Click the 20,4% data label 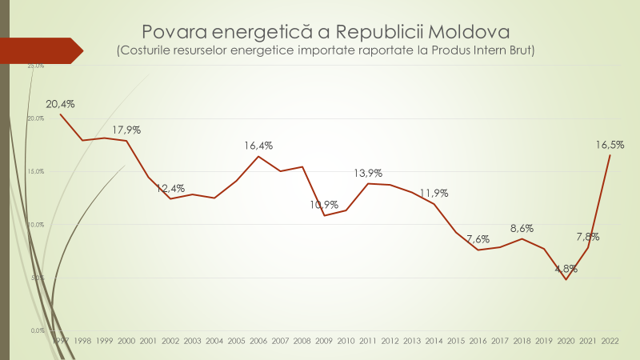tap(60, 104)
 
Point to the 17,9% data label tap(126, 130)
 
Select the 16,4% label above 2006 tap(258, 146)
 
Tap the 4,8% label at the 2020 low tap(566, 269)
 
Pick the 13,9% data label tap(368, 173)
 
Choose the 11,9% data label tap(434, 193)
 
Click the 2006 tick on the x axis tap(258, 341)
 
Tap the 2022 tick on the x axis tap(610, 341)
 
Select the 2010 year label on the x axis tap(346, 341)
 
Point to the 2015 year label tap(456, 341)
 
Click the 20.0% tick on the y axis tap(37, 118)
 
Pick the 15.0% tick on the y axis tap(37, 171)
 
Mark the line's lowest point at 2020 tap(566, 279)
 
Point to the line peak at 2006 tap(258, 156)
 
